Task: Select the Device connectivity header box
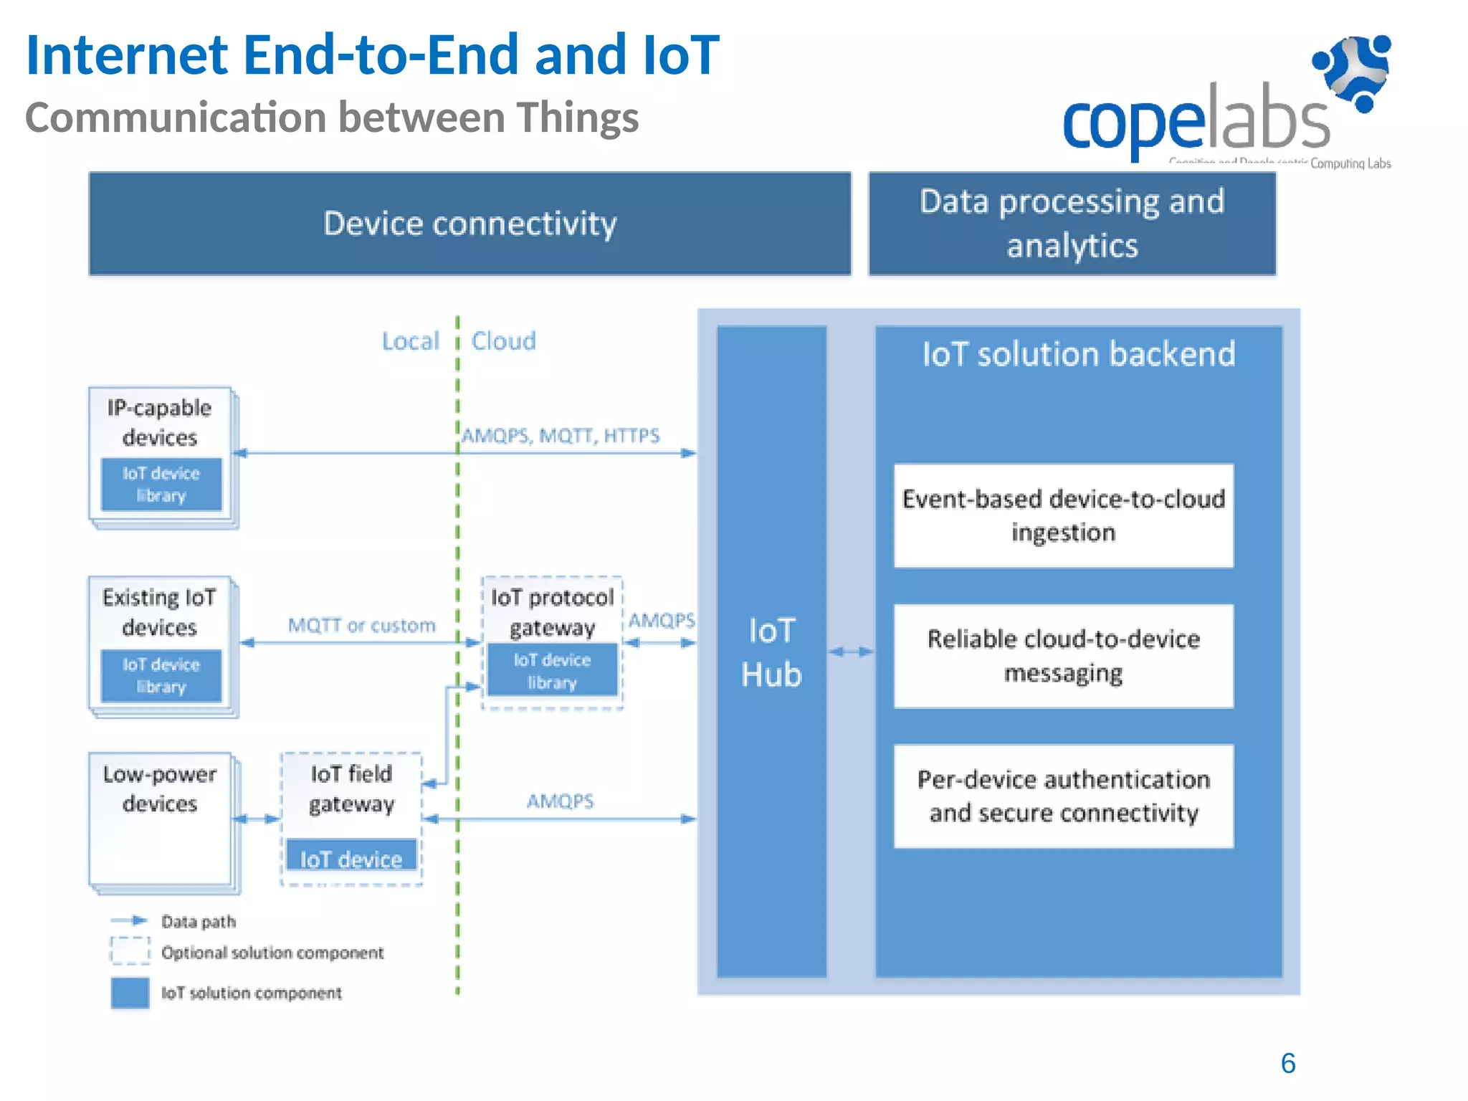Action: (x=470, y=224)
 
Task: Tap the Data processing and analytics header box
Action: (x=1072, y=224)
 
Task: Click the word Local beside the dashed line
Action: (x=410, y=341)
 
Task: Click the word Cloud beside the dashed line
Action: (x=503, y=341)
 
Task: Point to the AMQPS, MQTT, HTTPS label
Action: (x=560, y=436)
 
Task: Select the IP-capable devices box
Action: (x=161, y=423)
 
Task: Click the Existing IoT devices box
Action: (x=161, y=613)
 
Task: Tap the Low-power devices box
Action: (x=161, y=817)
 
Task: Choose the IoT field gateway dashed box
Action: (x=351, y=789)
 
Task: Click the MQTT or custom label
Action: (x=361, y=626)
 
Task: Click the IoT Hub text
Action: (x=771, y=652)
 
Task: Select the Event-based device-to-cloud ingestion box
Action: (x=1063, y=516)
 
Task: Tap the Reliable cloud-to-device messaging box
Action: (x=1063, y=656)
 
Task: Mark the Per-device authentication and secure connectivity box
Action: (x=1063, y=796)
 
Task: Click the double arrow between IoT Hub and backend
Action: (x=851, y=652)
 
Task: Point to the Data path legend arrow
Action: (x=130, y=920)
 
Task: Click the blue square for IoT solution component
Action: (x=130, y=993)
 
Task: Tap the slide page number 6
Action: (x=1287, y=1063)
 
